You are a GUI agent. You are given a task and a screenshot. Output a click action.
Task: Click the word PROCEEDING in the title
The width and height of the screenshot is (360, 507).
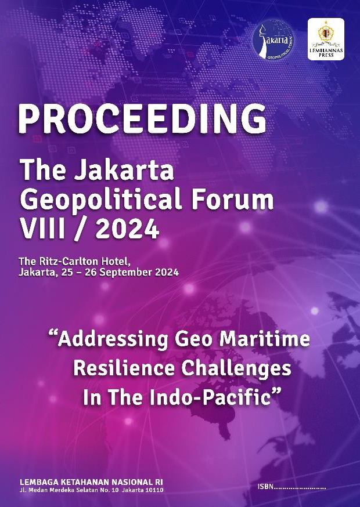pos(142,119)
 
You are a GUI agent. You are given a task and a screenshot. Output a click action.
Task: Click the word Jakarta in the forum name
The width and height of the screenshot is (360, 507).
pos(122,171)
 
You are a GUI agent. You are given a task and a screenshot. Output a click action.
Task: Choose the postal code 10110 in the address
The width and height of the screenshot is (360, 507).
pos(156,490)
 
